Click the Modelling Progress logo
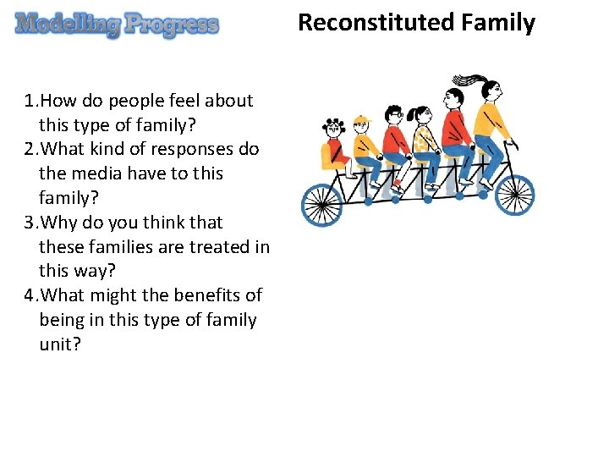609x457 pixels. pos(117,25)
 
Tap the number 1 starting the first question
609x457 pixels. pos(30,101)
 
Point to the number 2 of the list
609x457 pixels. pos(30,149)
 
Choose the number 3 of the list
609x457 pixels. pos(30,223)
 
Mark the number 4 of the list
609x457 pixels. pos(30,295)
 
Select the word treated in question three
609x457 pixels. pos(213,247)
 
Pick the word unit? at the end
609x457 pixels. pos(60,344)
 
